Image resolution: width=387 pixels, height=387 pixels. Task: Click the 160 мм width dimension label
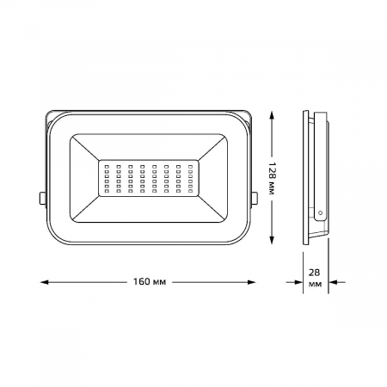click(150, 282)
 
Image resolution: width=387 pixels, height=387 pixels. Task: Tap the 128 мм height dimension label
click(272, 178)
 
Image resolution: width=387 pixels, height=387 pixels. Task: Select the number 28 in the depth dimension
click(314, 273)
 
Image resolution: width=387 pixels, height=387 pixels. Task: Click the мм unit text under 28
click(315, 285)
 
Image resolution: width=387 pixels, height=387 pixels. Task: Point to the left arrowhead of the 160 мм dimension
click(45, 282)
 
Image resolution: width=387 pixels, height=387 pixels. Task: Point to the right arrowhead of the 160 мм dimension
click(251, 282)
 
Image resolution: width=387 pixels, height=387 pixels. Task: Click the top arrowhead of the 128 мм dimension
click(272, 116)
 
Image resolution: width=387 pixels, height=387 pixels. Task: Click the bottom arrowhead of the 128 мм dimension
click(272, 240)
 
